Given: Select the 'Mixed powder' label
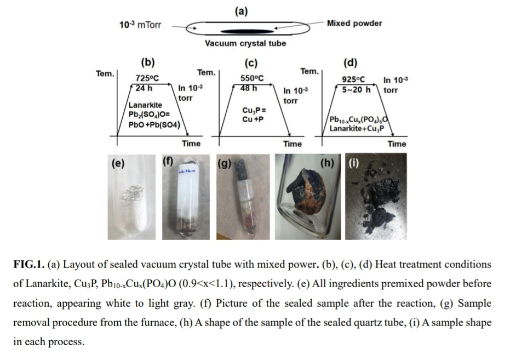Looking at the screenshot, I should [x=354, y=23].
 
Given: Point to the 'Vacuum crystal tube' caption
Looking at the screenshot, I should [x=245, y=43].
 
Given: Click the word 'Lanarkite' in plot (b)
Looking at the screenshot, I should [x=145, y=105].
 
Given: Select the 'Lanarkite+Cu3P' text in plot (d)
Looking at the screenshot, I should [x=356, y=129].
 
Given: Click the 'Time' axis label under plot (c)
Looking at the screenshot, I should [x=292, y=144].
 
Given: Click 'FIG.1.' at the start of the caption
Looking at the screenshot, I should [x=28, y=264].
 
